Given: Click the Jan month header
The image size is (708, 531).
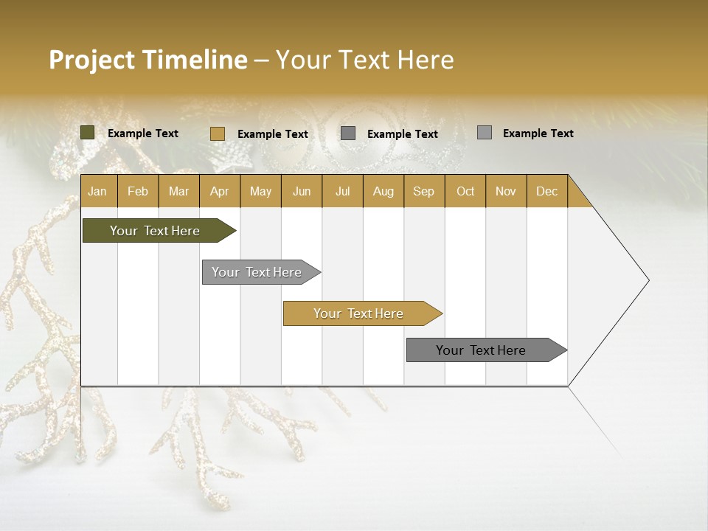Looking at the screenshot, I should (x=97, y=191).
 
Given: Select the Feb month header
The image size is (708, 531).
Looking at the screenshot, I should (x=138, y=191).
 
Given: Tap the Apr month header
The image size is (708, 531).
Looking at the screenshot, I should (x=219, y=191).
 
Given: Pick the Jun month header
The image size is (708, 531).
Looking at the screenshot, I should (x=302, y=191).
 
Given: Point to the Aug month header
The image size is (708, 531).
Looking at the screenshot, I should (x=383, y=191).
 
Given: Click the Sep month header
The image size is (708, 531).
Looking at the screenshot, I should (x=423, y=191).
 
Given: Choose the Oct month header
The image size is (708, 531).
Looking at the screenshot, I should (x=465, y=191).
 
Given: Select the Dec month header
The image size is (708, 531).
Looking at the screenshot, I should (x=546, y=191).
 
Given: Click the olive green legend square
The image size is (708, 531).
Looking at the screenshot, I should (x=88, y=133).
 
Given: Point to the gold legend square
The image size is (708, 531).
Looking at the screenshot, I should (x=218, y=133).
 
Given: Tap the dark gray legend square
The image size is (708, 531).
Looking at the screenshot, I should (x=348, y=133).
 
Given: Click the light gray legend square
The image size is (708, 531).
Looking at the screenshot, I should (x=485, y=133).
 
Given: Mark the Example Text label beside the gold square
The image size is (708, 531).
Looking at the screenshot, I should (x=272, y=133).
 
